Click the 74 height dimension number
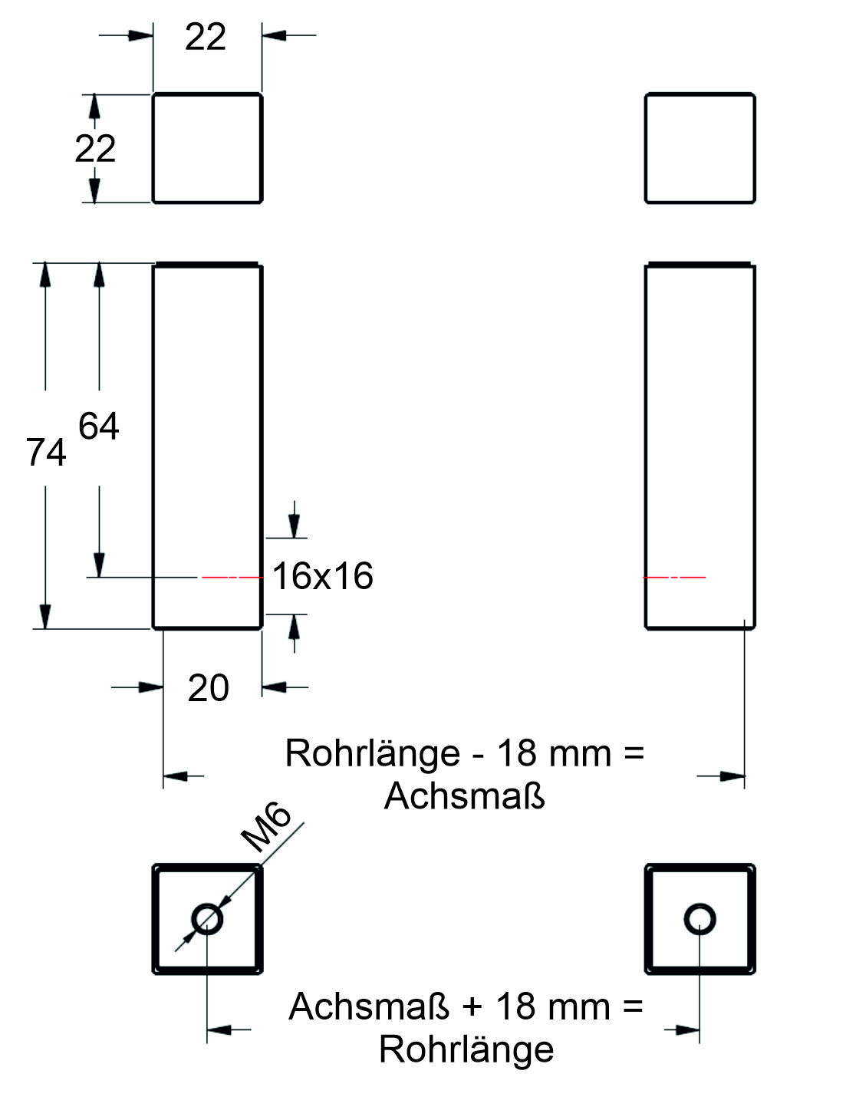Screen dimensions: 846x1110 [46, 452]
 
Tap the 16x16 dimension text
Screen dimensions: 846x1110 [323, 575]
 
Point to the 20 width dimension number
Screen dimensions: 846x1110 [209, 688]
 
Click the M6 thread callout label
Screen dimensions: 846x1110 [266, 826]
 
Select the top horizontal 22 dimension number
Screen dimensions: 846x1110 [206, 36]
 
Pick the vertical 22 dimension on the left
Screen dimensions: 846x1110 [95, 148]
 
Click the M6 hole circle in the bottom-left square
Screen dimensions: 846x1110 [207, 919]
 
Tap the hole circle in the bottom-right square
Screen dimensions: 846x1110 [700, 919]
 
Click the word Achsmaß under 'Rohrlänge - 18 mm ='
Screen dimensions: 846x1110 [464, 795]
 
